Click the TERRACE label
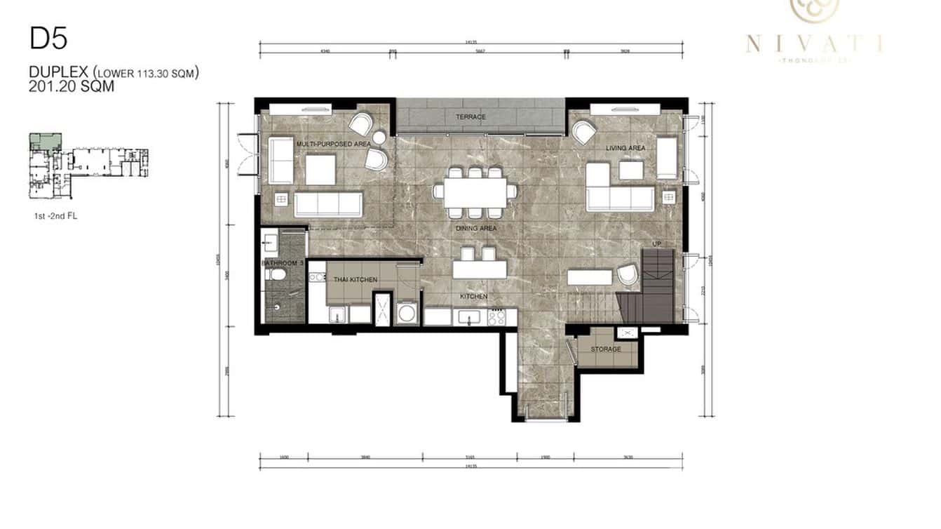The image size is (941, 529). point(470,117)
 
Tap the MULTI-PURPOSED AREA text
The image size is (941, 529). point(333,144)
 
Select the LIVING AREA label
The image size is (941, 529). point(625,148)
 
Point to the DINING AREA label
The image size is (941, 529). point(476,229)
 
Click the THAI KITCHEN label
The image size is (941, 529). point(356,279)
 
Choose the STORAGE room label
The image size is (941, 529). point(606,349)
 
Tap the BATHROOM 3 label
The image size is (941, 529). point(282,263)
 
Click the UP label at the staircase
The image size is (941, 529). point(656,243)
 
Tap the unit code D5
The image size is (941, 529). point(48,39)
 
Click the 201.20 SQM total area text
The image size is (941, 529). point(72,87)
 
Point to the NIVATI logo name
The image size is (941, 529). point(814,44)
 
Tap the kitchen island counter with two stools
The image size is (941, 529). point(480,270)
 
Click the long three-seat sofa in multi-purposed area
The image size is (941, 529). point(327,204)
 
